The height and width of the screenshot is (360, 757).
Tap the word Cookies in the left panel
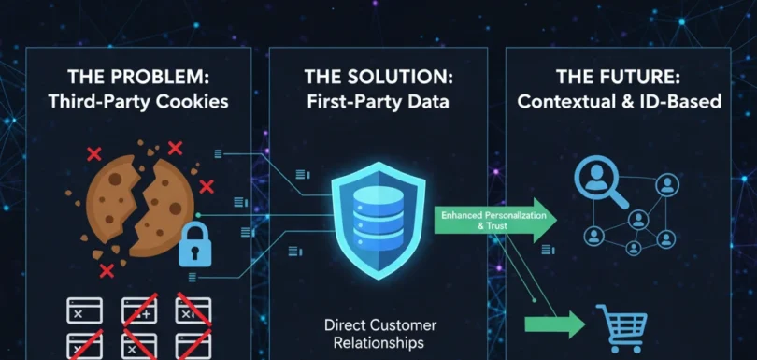point(193,102)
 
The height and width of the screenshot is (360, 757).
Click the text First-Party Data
point(378,102)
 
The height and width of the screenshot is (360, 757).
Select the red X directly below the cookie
point(107,271)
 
